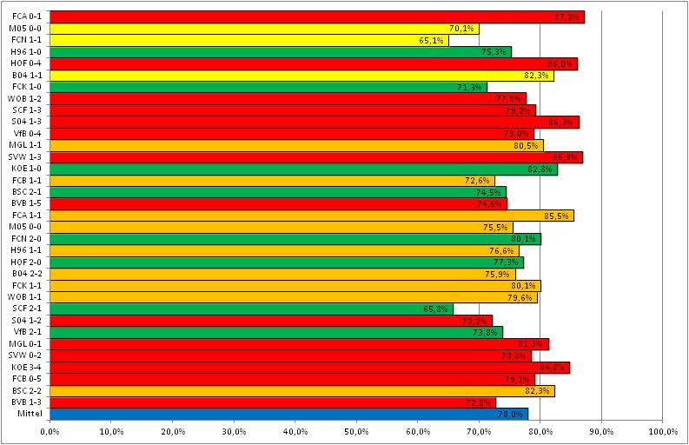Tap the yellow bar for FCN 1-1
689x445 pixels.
pos(248,40)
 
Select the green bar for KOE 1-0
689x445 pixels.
pos(300,169)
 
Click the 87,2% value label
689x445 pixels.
pos(567,17)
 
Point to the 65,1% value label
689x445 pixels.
pos(432,40)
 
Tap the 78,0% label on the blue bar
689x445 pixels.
pos(511,414)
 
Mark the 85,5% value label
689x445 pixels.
pos(557,215)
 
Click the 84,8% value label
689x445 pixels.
pos(553,367)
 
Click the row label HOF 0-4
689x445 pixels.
pos(29,63)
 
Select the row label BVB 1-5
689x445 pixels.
pos(29,203)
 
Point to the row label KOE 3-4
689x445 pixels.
pos(29,367)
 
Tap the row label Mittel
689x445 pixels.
pos(31,414)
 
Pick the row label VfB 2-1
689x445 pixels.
pos(30,332)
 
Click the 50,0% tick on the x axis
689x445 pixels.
pos(356,431)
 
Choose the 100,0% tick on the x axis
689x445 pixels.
pos(661,431)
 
